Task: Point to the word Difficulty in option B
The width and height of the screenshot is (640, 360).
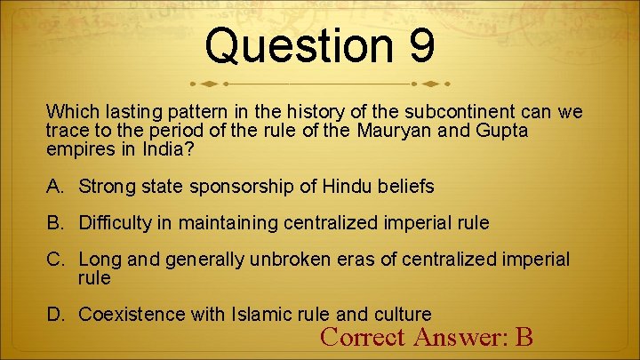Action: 119,222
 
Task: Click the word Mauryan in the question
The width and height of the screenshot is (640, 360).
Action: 399,131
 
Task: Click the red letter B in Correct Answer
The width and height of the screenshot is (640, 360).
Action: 524,337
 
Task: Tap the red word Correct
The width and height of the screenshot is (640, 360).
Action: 360,337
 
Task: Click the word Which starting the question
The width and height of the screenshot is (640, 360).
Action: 69,113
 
